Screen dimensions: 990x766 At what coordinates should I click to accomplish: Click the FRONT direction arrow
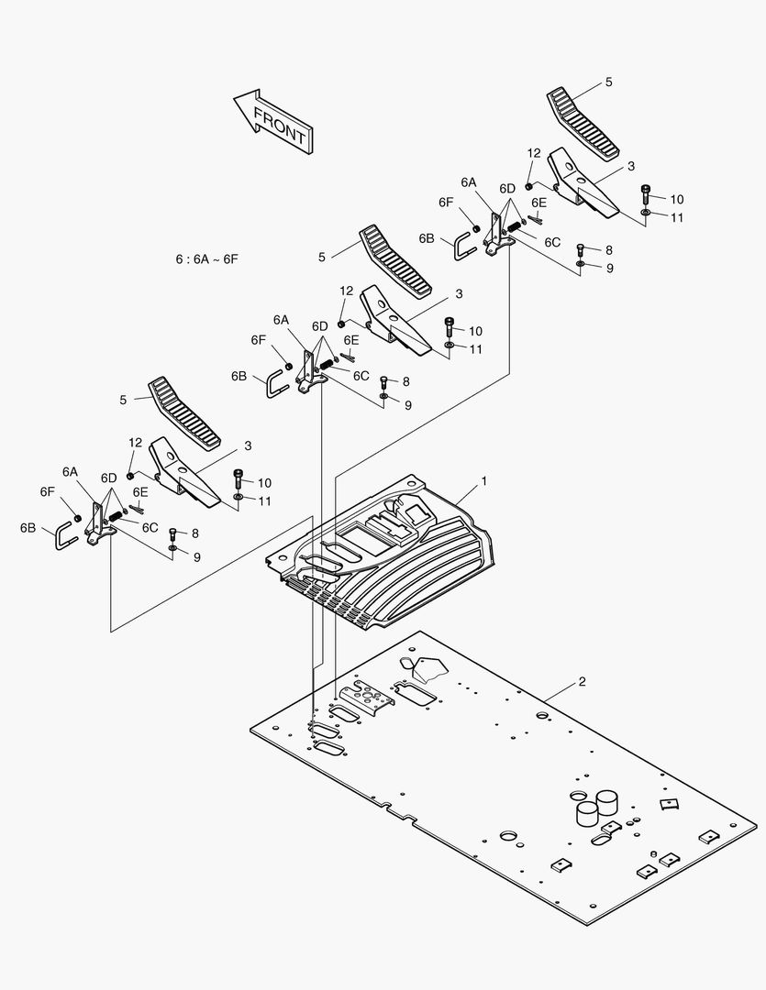(273, 120)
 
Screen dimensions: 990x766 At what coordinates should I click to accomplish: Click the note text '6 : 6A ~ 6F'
(206, 259)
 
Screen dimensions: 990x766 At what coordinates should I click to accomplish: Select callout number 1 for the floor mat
(483, 480)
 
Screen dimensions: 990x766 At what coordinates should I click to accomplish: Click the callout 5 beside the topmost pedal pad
(608, 82)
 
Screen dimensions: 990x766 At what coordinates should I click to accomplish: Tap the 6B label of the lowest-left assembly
(28, 528)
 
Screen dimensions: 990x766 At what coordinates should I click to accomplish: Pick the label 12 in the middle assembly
(346, 291)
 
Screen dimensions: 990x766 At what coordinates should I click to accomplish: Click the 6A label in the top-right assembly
(469, 182)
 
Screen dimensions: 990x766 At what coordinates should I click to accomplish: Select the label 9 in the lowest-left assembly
(196, 556)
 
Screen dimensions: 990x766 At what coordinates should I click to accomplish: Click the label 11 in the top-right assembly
(677, 218)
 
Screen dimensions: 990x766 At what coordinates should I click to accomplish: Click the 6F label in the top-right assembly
(446, 202)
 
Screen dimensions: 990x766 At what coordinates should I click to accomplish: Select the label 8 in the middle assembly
(405, 381)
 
